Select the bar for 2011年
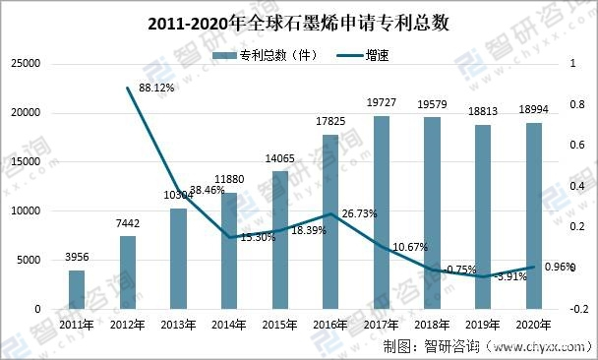pyautogui.click(x=77, y=289)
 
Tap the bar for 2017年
pyautogui.click(x=382, y=212)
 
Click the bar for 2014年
pyautogui.click(x=229, y=251)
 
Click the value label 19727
pyautogui.click(x=382, y=103)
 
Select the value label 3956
pyautogui.click(x=77, y=258)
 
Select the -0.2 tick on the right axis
pyautogui.click(x=578, y=309)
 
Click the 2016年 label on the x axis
pyautogui.click(x=330, y=325)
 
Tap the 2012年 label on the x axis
pyautogui.click(x=127, y=325)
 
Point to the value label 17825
pyautogui.click(x=330, y=122)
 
